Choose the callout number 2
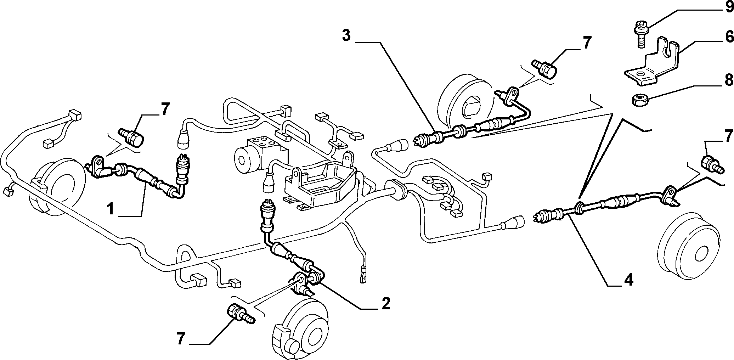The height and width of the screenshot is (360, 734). pyautogui.click(x=385, y=303)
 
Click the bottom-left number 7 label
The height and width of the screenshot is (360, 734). pyautogui.click(x=181, y=339)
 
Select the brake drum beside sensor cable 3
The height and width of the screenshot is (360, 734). pyautogui.click(x=464, y=99)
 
